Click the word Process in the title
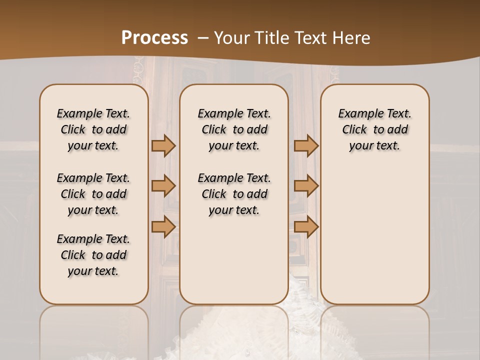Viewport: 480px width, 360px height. tap(154, 38)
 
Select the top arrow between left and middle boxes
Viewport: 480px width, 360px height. tap(163, 145)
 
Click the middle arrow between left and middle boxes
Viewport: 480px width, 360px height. tap(163, 186)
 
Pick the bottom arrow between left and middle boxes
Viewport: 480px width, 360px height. tap(163, 226)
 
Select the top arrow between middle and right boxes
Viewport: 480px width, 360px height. tap(306, 145)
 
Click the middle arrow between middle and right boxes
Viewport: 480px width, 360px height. tap(306, 186)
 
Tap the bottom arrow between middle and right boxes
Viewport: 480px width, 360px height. tap(306, 226)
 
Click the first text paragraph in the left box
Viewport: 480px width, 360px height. tap(93, 129)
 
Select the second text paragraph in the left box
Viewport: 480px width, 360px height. tap(93, 194)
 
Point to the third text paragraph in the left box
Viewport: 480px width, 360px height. tap(93, 255)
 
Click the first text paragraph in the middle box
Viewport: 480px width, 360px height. tap(234, 129)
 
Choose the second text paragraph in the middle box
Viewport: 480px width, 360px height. tap(234, 194)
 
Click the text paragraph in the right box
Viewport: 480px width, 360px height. tap(374, 129)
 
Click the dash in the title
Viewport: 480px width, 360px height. tap(203, 38)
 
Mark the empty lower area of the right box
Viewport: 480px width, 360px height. tap(374, 235)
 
